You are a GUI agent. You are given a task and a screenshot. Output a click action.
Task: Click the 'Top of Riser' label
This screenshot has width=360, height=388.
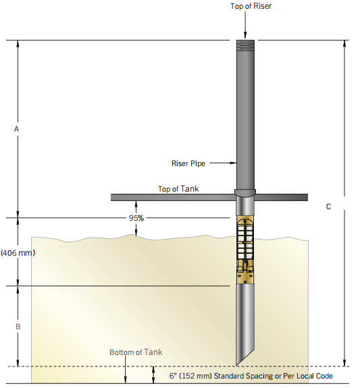coord(251,6)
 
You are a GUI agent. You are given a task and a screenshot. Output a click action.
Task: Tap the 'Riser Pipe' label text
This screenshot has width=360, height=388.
coord(188,163)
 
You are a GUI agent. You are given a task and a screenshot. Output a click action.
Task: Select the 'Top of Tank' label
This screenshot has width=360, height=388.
coord(178,189)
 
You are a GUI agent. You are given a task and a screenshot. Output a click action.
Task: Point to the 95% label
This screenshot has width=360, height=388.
coord(136,218)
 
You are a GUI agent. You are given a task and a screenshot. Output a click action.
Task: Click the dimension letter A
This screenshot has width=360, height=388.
coord(17,129)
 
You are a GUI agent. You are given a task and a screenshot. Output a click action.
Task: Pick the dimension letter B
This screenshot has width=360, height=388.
coord(18,327)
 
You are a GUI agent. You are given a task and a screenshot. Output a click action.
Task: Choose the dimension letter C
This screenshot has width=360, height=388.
coord(328,206)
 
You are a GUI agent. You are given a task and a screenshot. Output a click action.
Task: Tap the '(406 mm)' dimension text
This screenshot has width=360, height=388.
coord(18,253)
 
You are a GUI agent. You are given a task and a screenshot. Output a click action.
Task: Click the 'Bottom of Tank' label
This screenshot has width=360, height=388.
coord(136,352)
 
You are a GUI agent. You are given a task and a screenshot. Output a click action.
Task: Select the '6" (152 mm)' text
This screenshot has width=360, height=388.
coord(190,376)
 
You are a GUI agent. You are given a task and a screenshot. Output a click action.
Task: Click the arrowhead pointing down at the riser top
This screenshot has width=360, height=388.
coord(245,35)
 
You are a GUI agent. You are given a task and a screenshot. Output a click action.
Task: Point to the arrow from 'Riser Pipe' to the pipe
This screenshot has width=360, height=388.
coord(223,163)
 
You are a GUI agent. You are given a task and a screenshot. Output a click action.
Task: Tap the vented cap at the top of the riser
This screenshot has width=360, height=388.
coord(245,45)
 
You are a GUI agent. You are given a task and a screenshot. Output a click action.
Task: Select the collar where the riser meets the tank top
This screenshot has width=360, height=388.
coord(245,193)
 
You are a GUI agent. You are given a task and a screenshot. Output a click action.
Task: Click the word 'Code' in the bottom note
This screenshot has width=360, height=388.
coord(324,376)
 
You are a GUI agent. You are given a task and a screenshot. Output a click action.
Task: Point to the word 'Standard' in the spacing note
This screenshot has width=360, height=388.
coord(229,376)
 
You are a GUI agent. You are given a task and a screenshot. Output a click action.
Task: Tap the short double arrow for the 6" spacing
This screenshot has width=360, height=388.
coord(153,375)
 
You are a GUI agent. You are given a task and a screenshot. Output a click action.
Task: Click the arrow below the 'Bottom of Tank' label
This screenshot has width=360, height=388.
coord(126,370)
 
